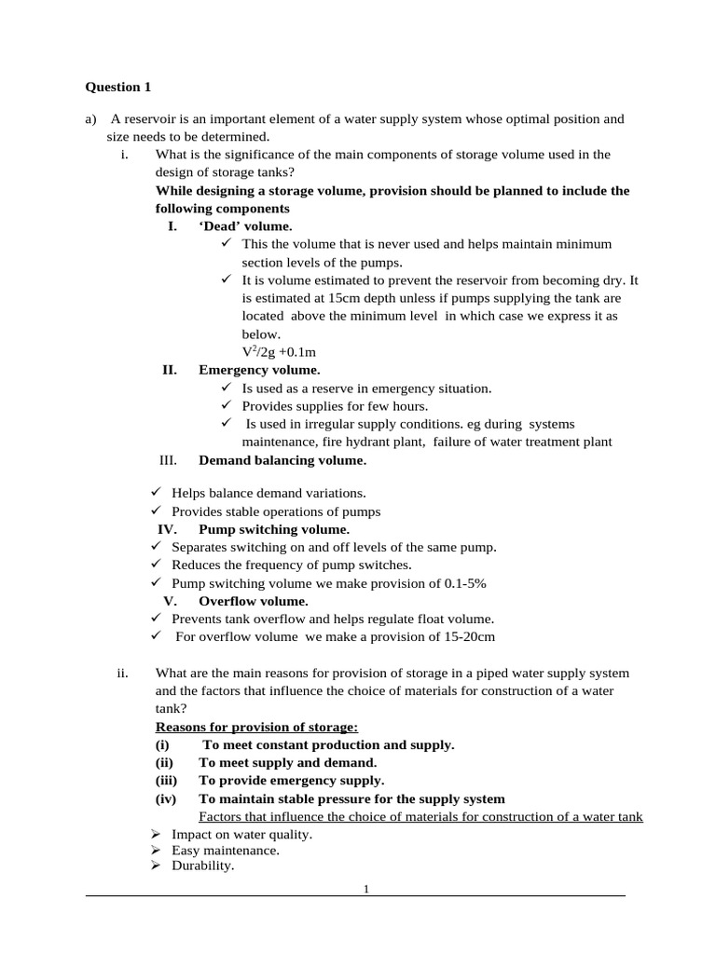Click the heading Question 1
point(117,88)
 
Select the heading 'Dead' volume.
point(245,226)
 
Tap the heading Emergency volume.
point(259,370)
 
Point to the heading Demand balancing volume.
point(282,460)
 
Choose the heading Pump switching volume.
point(274,529)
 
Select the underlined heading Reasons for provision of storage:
point(256,727)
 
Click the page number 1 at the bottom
point(366,889)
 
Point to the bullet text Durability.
point(202,865)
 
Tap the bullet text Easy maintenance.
point(226,851)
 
